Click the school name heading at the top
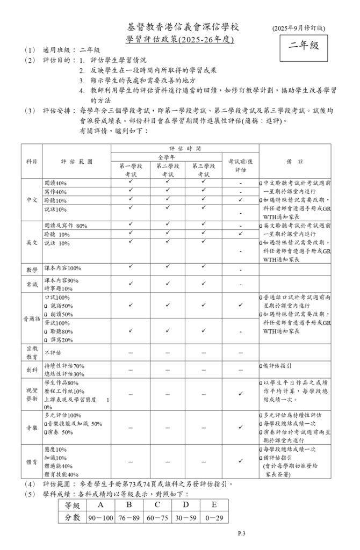click(183, 27)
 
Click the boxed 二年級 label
click(304, 46)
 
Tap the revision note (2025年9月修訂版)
click(298, 27)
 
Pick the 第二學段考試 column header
click(168, 170)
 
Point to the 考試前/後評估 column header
click(240, 165)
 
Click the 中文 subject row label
click(32, 200)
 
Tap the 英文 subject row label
click(32, 242)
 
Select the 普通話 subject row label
click(32, 319)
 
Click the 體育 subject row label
click(32, 461)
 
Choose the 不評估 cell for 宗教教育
click(53, 352)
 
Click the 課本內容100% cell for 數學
click(62, 268)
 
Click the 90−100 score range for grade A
click(100, 517)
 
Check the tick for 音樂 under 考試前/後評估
click(240, 427)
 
